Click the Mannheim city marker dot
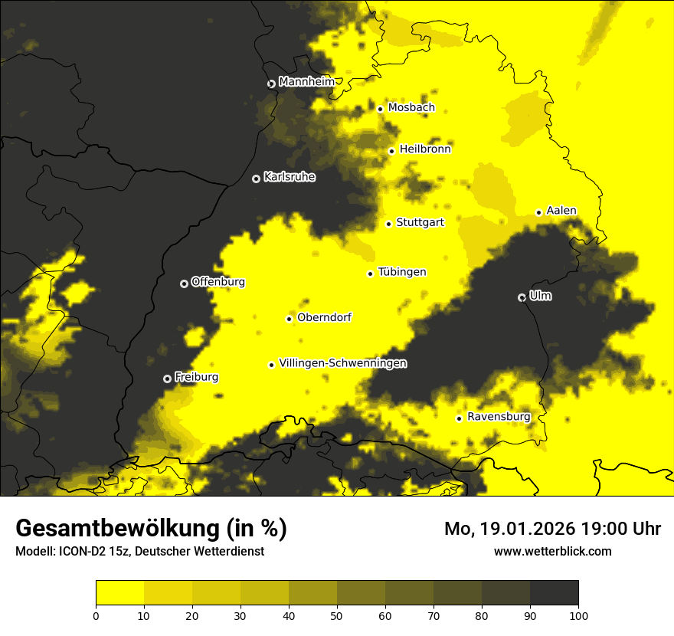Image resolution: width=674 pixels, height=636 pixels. tap(271, 84)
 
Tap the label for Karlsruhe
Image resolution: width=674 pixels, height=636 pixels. tap(289, 177)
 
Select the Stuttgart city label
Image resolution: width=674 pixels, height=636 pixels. tap(420, 222)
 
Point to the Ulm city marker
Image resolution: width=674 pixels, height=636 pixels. tap(522, 297)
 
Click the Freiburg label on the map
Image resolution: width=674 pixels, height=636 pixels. tap(196, 377)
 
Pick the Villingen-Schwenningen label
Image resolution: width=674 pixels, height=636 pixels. tap(342, 363)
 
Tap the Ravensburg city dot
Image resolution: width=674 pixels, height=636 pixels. tap(460, 418)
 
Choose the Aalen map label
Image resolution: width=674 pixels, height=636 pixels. tap(561, 211)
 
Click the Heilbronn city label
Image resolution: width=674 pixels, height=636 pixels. tap(425, 149)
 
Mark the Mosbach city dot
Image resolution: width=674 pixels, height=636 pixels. tap(380, 109)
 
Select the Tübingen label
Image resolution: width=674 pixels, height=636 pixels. tap(402, 272)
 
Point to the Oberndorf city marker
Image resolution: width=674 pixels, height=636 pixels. tap(290, 319)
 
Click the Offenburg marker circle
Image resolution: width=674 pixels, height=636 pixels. tap(184, 284)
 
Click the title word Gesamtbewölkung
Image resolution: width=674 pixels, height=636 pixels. tap(116, 529)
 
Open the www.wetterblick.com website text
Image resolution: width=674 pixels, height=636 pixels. tap(552, 551)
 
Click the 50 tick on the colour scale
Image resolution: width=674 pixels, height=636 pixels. tap(337, 615)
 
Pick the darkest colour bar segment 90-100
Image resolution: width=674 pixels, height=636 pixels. tap(554, 593)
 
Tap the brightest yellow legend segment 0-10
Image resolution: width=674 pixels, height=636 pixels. tap(120, 593)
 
